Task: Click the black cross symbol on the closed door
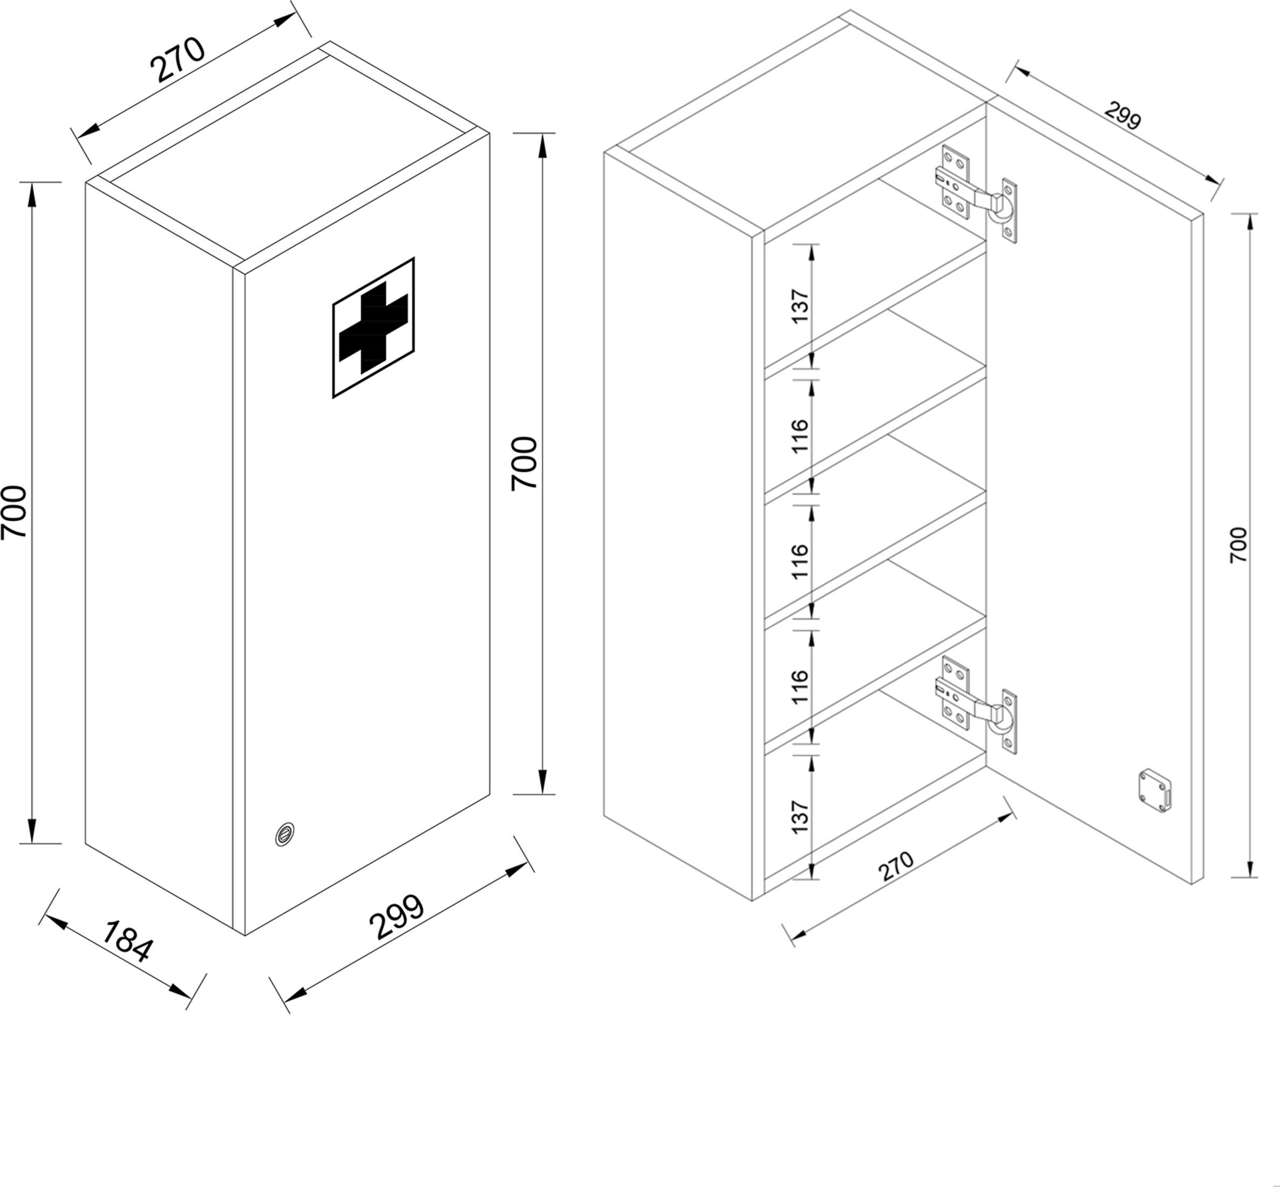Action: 373,328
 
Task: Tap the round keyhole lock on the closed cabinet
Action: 284,834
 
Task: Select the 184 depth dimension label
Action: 128,941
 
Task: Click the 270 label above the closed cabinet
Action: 177,60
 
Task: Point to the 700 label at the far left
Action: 14,512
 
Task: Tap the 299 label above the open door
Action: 1122,115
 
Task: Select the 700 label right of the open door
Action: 1238,545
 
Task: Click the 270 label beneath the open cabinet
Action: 896,866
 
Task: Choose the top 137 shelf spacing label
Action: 800,306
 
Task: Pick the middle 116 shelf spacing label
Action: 800,561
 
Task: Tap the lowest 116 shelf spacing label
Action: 800,687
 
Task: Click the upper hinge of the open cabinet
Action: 976,194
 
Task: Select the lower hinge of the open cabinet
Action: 976,705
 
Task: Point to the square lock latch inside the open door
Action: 1154,790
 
